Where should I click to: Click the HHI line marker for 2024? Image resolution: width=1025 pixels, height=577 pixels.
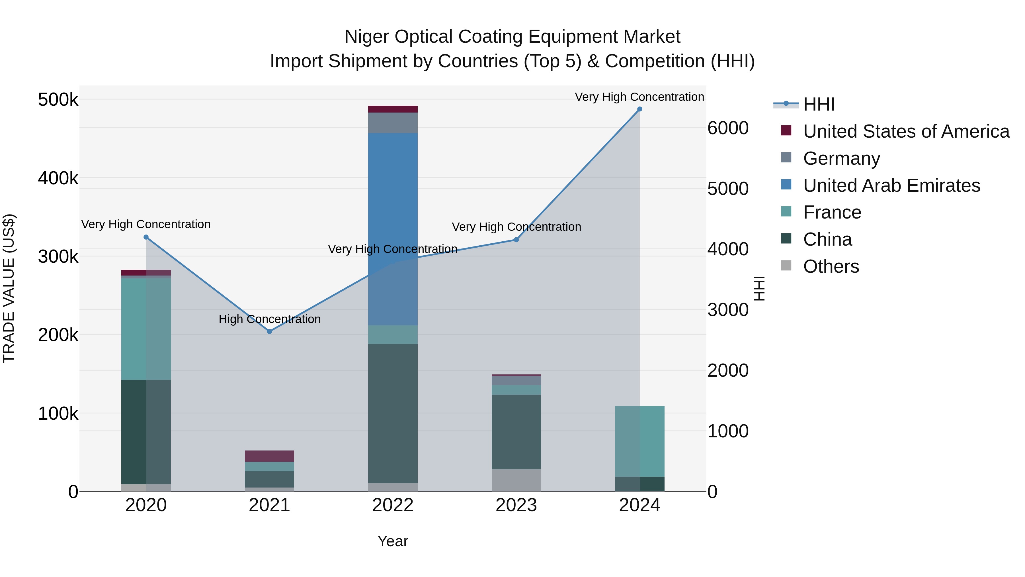(x=639, y=109)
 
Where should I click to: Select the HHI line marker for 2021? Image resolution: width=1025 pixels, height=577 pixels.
(x=269, y=331)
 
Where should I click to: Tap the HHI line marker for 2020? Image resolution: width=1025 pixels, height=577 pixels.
(x=146, y=237)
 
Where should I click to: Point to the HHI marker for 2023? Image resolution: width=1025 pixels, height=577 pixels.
(x=516, y=240)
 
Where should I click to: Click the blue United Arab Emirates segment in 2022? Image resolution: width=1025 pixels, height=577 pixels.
(x=393, y=199)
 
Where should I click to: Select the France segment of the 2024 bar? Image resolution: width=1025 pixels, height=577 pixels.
(x=639, y=441)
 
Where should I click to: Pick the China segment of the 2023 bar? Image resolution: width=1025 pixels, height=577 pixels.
(x=516, y=432)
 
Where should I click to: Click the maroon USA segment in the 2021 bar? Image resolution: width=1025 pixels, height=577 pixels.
(x=269, y=456)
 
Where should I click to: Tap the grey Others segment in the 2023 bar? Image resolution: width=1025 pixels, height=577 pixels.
(x=516, y=480)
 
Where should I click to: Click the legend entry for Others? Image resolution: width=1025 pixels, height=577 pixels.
(x=831, y=266)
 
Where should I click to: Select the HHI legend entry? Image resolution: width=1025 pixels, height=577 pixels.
(x=819, y=104)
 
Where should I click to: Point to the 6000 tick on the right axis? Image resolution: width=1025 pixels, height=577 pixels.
(x=728, y=128)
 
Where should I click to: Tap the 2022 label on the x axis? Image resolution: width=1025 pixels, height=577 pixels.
(x=393, y=505)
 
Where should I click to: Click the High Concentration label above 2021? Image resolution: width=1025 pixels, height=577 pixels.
(x=269, y=319)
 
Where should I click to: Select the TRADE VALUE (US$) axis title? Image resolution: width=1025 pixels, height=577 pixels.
(x=9, y=288)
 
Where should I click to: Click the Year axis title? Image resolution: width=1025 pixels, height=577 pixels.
(x=393, y=541)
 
